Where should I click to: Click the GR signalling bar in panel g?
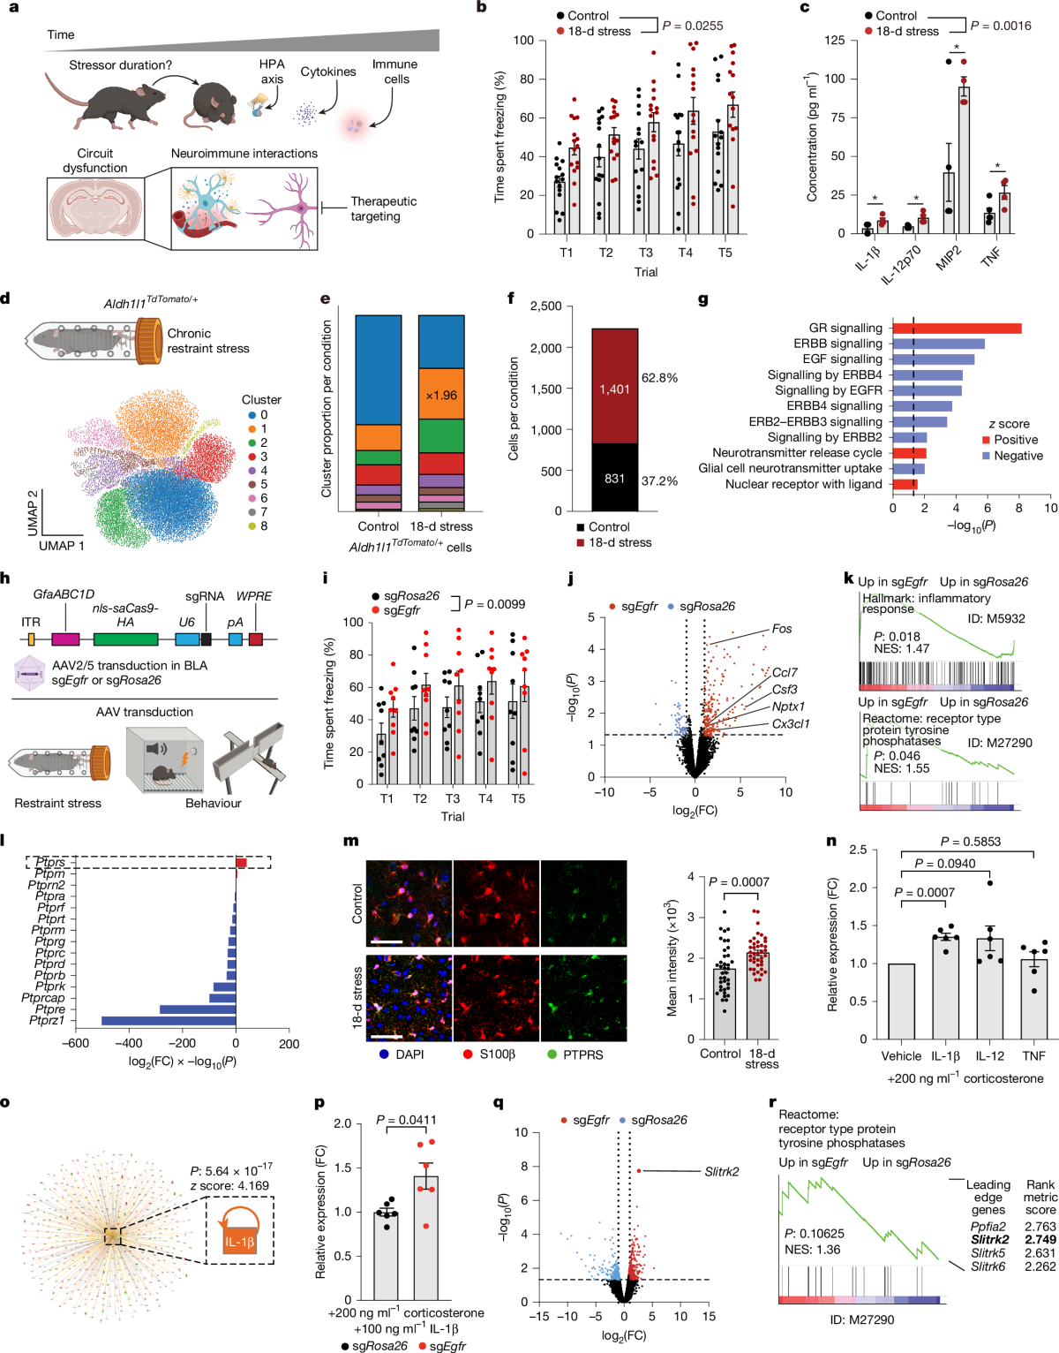click(957, 329)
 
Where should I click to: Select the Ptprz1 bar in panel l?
click(169, 1021)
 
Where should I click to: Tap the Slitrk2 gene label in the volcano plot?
click(722, 1171)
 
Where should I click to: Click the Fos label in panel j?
click(782, 630)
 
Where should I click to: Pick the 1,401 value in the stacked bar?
click(614, 389)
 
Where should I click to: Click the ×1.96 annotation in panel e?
click(441, 395)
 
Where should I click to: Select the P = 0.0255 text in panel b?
click(693, 26)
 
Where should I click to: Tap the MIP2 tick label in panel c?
click(948, 257)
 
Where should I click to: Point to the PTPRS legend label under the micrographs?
click(582, 1054)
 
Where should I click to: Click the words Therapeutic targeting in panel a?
click(383, 208)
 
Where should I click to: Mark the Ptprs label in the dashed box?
click(50, 863)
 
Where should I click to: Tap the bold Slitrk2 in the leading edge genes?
click(989, 1240)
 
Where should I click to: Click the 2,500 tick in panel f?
click(545, 306)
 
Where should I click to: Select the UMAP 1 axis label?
click(62, 546)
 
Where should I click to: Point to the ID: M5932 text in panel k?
click(995, 618)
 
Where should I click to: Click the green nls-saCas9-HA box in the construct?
click(125, 639)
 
